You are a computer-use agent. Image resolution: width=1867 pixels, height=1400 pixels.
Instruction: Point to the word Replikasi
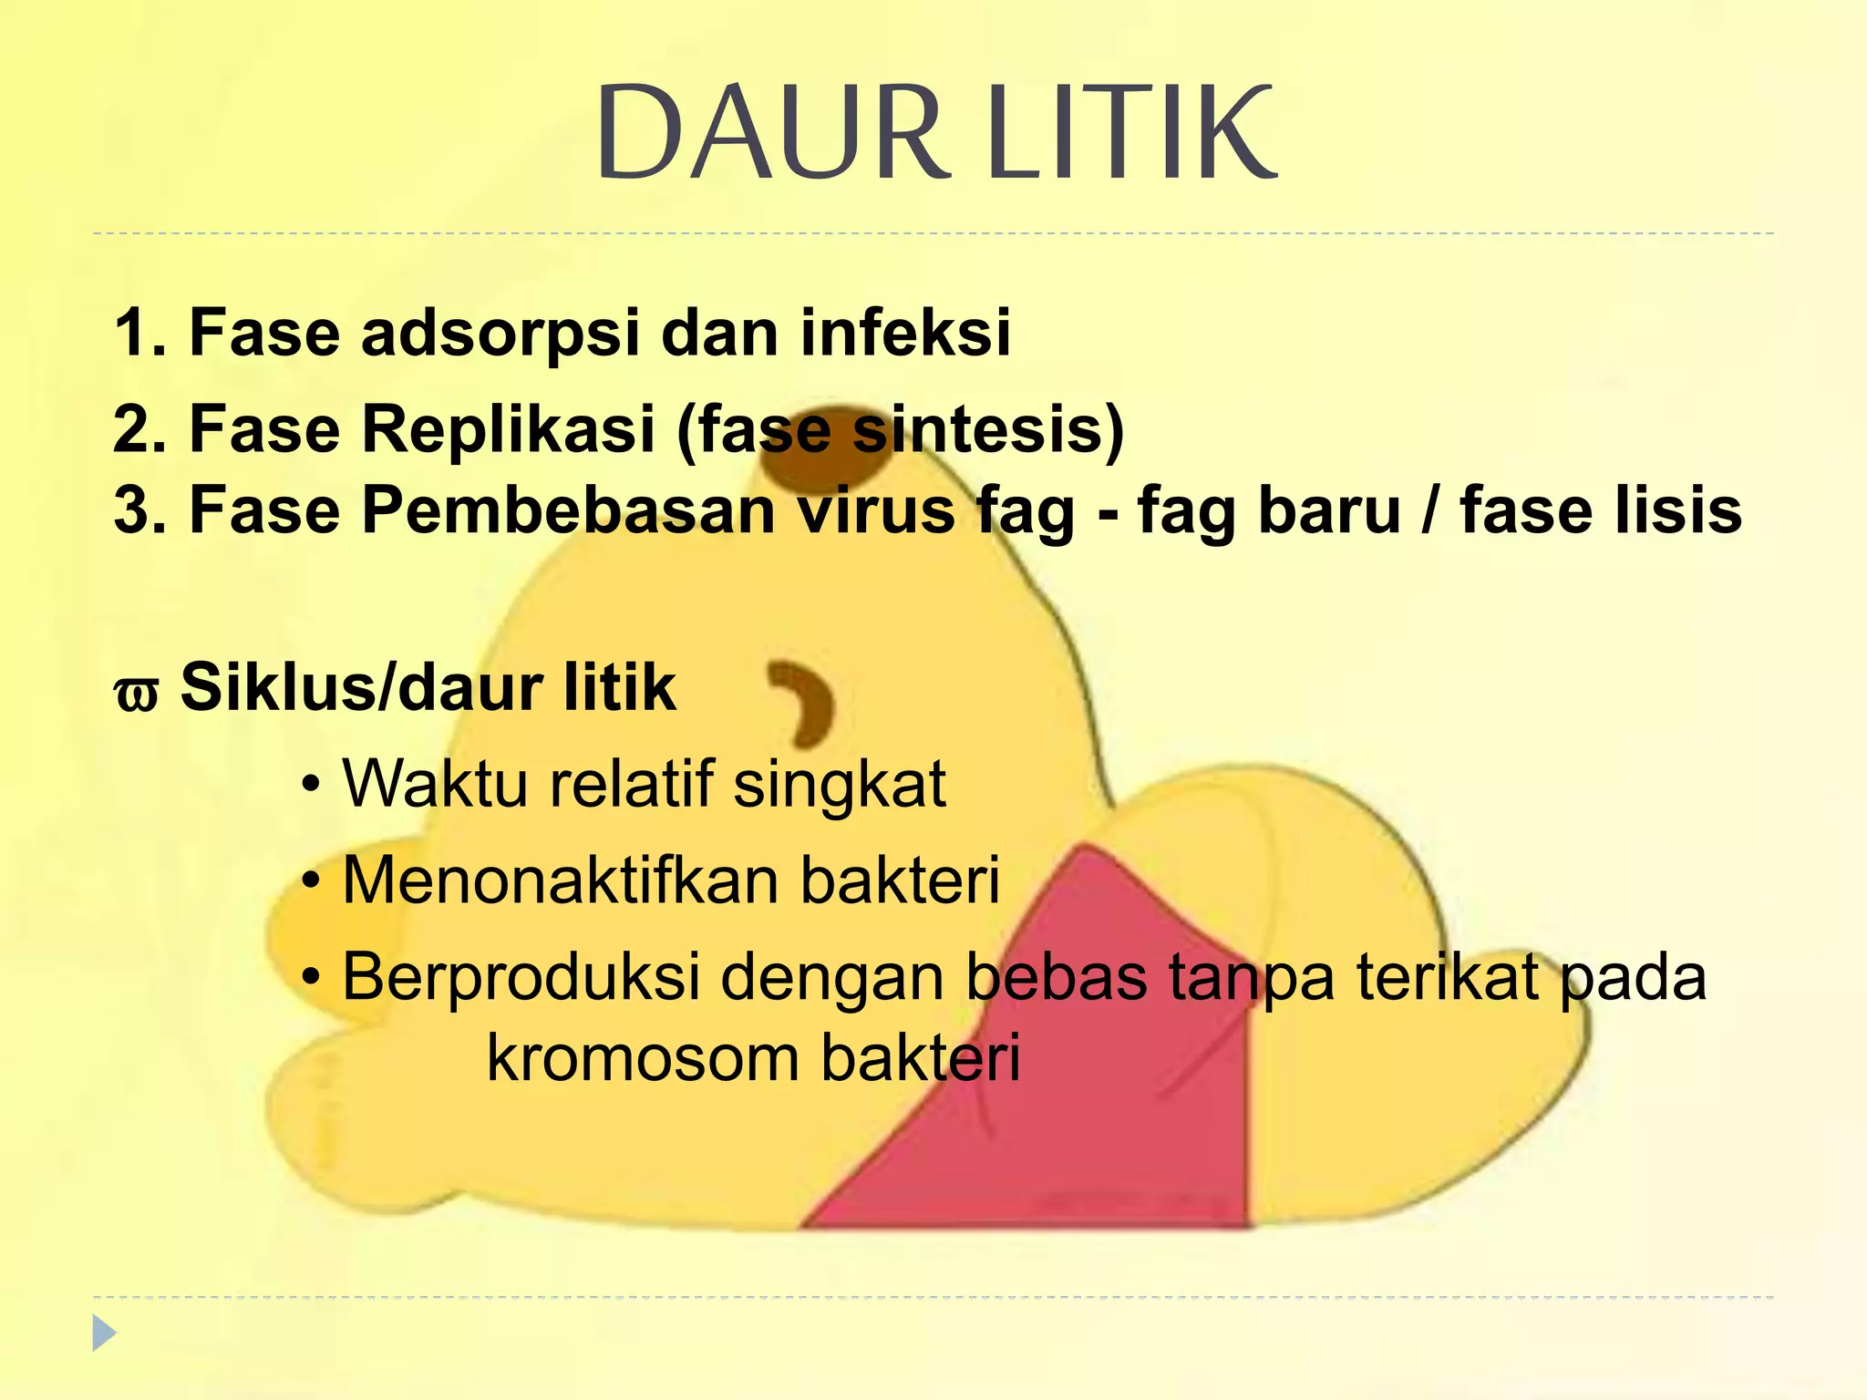tap(508, 428)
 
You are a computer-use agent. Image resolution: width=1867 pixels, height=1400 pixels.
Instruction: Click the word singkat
tap(840, 786)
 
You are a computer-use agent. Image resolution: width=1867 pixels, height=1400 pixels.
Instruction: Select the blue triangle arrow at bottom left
tap(104, 1333)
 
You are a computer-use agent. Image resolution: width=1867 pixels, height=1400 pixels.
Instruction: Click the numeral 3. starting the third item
tap(139, 510)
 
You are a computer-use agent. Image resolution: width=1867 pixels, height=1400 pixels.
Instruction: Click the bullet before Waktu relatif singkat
tap(312, 786)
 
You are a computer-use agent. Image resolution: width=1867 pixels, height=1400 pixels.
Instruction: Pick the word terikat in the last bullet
tap(1449, 976)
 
